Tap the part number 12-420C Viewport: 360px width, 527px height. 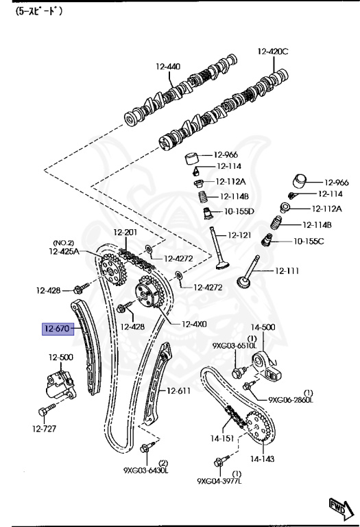[x=274, y=51]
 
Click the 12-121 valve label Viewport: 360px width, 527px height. [x=239, y=235]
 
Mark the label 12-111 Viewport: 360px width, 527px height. [x=287, y=270]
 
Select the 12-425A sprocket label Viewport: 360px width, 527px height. [x=63, y=252]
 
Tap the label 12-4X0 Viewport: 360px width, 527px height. [x=195, y=324]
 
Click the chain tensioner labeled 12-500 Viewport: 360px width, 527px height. [x=60, y=358]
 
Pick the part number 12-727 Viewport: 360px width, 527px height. [x=45, y=429]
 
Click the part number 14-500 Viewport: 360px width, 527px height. [x=262, y=328]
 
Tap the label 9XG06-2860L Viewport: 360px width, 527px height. [x=291, y=399]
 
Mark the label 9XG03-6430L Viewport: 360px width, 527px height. [x=146, y=470]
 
